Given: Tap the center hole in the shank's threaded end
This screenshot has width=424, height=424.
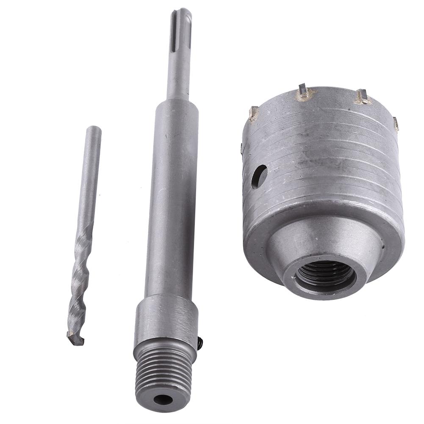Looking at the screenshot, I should (x=163, y=399).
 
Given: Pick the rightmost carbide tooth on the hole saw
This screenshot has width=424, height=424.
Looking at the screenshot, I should (x=396, y=123).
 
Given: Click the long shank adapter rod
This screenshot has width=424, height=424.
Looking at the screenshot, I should (x=172, y=212).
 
